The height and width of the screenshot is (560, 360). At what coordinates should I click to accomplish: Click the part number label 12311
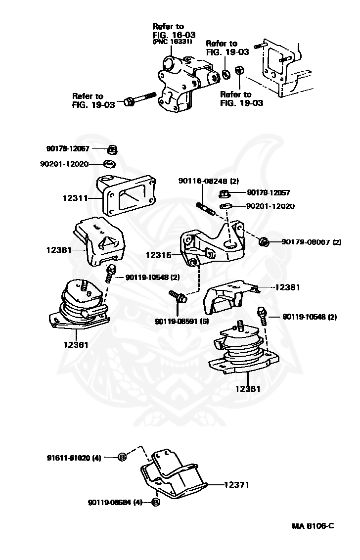pyautogui.click(x=75, y=198)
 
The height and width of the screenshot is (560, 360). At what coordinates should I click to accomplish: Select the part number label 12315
pyautogui.click(x=158, y=255)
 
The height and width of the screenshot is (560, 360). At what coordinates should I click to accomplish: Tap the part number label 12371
pyautogui.click(x=236, y=485)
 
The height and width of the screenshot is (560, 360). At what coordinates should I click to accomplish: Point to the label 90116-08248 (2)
pyautogui.click(x=209, y=181)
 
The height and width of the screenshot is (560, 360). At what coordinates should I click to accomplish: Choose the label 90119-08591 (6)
pyautogui.click(x=182, y=321)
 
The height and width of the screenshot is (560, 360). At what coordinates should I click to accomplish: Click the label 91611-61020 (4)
pyautogui.click(x=74, y=458)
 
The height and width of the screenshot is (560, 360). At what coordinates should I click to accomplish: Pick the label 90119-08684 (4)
pyautogui.click(x=115, y=503)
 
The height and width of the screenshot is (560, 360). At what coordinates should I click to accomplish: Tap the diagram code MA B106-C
pyautogui.click(x=313, y=526)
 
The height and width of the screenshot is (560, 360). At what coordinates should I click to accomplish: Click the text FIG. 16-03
pyautogui.click(x=174, y=35)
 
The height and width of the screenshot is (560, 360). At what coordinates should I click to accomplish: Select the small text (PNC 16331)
pyautogui.click(x=172, y=42)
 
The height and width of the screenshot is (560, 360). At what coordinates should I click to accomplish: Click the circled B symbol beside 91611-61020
pyautogui.click(x=122, y=457)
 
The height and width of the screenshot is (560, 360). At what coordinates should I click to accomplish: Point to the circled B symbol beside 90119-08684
pyautogui.click(x=156, y=502)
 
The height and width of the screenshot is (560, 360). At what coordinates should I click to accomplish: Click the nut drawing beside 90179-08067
pyautogui.click(x=264, y=242)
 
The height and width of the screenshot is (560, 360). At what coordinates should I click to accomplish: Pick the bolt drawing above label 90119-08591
pyautogui.click(x=178, y=296)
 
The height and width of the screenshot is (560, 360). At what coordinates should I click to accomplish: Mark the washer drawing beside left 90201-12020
pyautogui.click(x=109, y=164)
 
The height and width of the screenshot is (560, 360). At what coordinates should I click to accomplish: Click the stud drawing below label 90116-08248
pyautogui.click(x=205, y=209)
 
